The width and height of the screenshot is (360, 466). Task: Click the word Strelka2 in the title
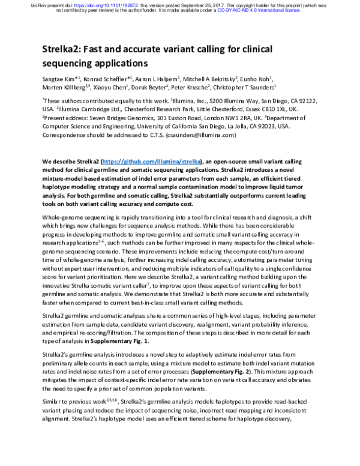(65, 50)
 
